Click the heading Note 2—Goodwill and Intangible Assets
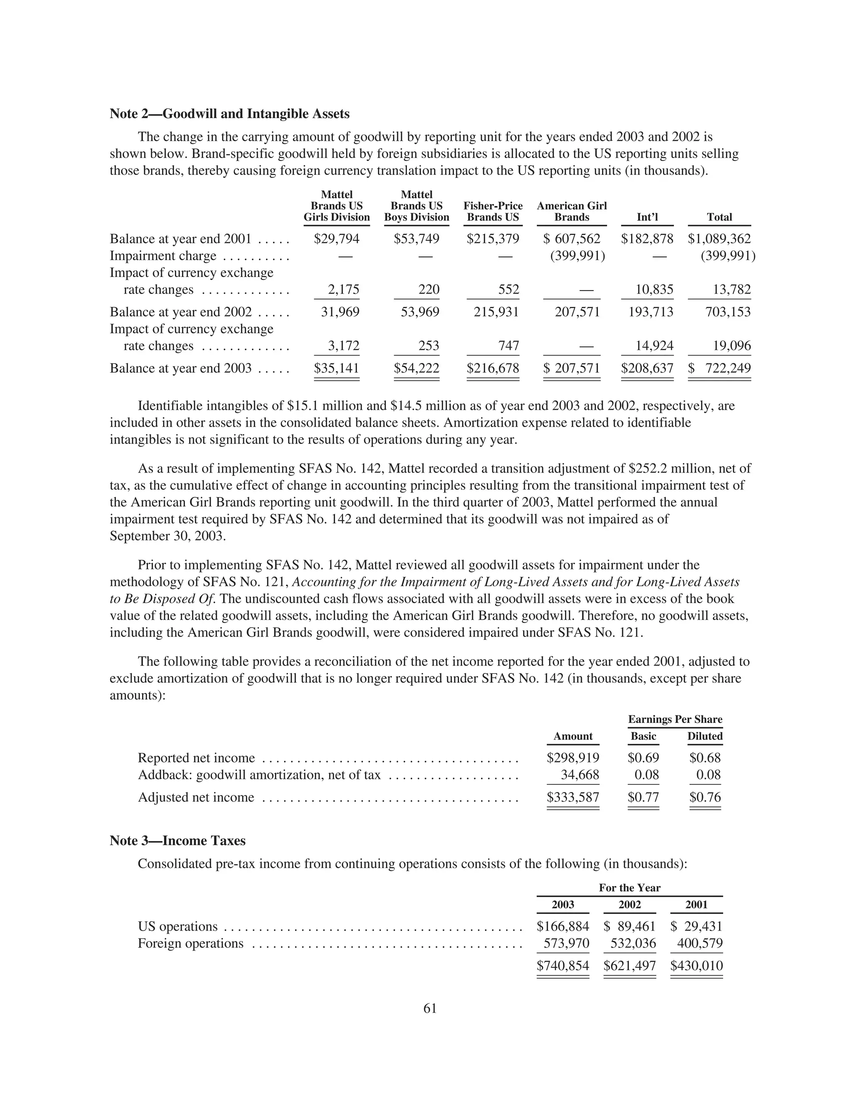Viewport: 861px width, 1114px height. [x=230, y=114]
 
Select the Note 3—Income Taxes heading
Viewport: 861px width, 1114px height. [x=177, y=841]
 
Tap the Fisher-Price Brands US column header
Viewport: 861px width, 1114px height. [x=493, y=212]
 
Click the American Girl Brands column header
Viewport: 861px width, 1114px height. [x=572, y=212]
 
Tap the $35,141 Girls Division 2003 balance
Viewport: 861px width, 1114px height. [x=337, y=368]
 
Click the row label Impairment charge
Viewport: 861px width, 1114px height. [x=163, y=256]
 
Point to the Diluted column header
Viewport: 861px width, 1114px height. [x=705, y=736]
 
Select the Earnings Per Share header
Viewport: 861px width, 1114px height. [x=675, y=719]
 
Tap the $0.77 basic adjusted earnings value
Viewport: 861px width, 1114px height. [x=643, y=797]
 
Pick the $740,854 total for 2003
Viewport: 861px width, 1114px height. [x=563, y=966]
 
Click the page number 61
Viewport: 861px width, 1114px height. [x=430, y=1008]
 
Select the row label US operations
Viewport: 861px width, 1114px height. [x=177, y=926]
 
